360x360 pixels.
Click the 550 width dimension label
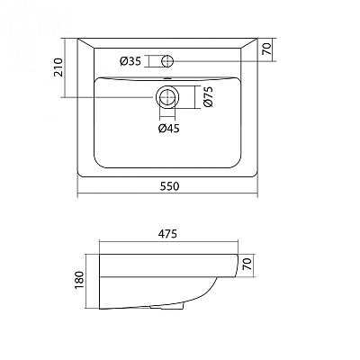169,186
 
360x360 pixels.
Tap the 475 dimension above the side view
167,234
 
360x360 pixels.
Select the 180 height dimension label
79,280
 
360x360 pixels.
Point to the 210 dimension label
58,67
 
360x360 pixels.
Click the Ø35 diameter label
130,61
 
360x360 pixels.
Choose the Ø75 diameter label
208,96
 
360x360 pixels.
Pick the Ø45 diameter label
169,129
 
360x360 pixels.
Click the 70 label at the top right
266,49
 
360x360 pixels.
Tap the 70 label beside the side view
247,265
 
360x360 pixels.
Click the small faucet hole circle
167,61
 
